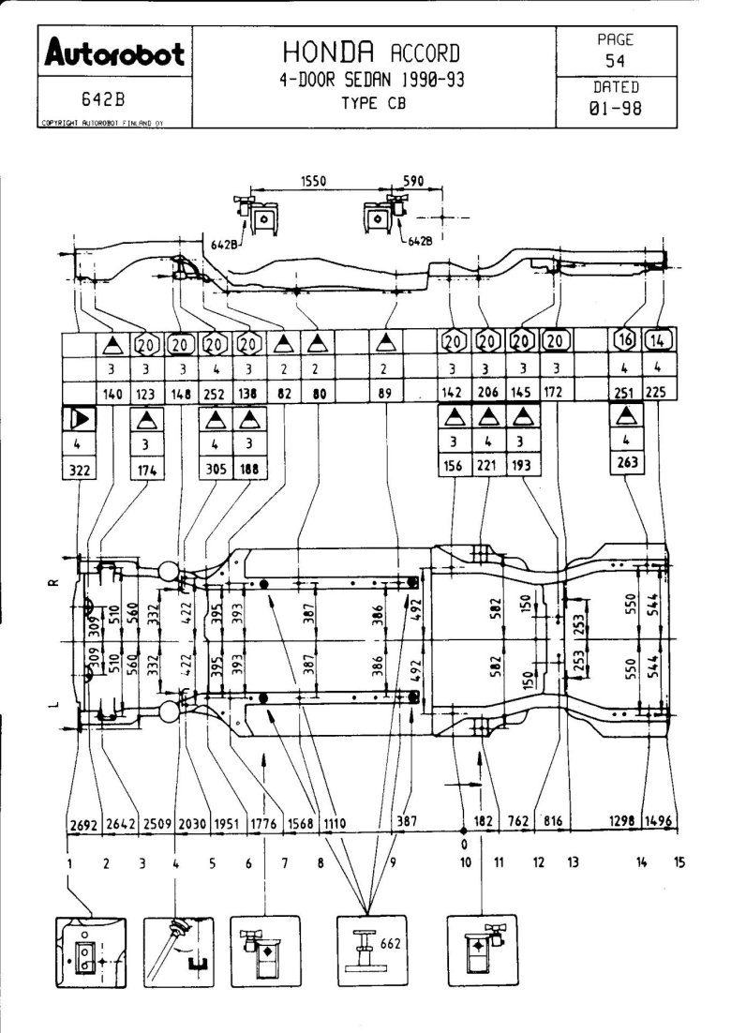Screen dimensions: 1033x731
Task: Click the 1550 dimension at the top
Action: [313, 181]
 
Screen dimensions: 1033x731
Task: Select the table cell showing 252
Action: [216, 395]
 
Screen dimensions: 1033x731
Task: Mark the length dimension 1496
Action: [660, 822]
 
